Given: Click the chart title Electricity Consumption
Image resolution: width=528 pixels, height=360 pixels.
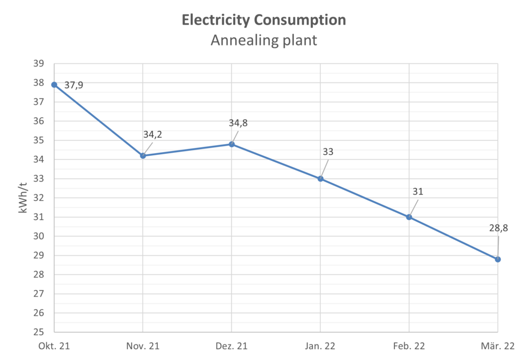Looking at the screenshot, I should click(x=263, y=20).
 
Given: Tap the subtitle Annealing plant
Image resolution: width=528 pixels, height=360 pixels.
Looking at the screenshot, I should click(x=263, y=41).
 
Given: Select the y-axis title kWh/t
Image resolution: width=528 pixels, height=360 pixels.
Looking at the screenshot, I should click(x=23, y=198).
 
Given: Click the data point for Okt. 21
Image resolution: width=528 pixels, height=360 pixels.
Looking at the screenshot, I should click(x=54, y=85).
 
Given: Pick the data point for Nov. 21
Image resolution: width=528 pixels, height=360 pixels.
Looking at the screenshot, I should click(x=142, y=155).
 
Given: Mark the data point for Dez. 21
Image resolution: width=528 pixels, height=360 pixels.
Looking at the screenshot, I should click(x=232, y=144).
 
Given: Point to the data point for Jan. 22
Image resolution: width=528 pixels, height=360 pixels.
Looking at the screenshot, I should click(x=320, y=178).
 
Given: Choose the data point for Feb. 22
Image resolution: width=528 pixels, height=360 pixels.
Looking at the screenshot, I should click(x=409, y=217).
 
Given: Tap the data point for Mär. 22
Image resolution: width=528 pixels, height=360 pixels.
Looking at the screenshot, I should click(x=498, y=259).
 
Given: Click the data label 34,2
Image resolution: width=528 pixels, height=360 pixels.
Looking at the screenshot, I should click(x=153, y=135).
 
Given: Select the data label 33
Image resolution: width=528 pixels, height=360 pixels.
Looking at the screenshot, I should click(x=327, y=152).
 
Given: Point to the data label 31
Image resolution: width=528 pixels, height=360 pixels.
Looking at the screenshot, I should click(x=417, y=191).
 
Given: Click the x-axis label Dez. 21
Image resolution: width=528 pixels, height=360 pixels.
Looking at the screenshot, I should click(x=231, y=345).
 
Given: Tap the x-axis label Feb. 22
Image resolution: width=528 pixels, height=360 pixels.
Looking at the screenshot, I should click(x=409, y=345).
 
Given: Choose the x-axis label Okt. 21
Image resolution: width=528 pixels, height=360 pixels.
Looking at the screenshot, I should click(x=54, y=345).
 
